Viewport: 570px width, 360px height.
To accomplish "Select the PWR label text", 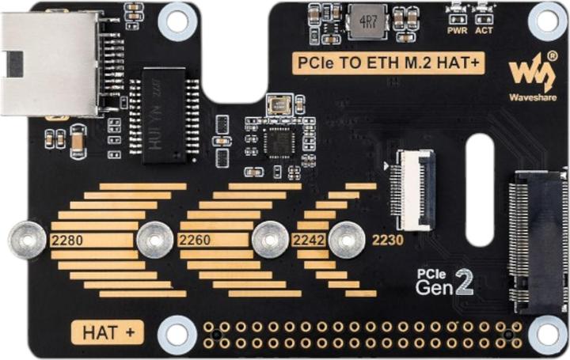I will (457, 31).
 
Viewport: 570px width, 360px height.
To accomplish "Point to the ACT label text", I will (484, 31).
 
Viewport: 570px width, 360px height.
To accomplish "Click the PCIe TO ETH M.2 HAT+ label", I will (388, 63).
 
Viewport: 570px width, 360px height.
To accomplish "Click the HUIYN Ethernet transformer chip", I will (164, 115).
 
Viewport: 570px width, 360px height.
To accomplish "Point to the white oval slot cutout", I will (480, 190).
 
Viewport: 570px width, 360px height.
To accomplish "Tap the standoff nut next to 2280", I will (27, 239).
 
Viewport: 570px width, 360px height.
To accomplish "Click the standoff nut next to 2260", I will (155, 239).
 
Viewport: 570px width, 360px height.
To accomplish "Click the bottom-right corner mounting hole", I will (547, 335).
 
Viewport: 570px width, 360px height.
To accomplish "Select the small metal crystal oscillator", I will (279, 104).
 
